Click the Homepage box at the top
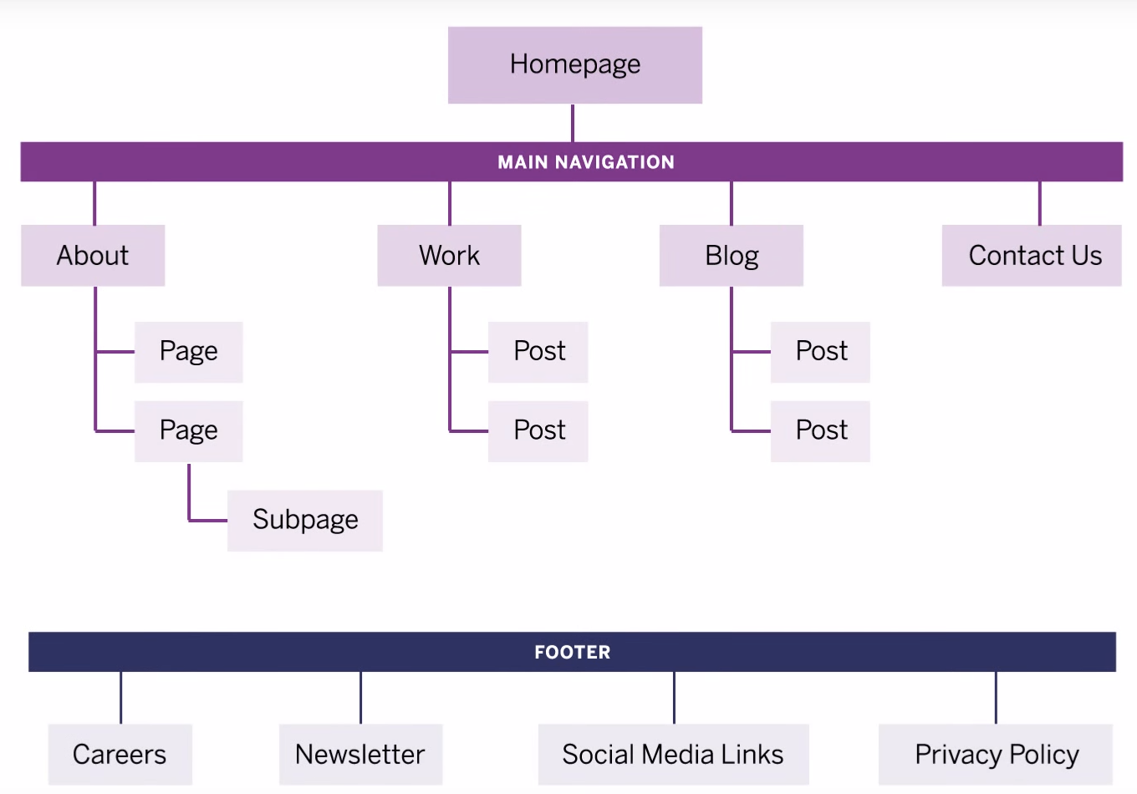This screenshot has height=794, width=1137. tap(575, 65)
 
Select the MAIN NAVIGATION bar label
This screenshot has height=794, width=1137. tap(585, 162)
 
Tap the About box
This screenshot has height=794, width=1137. tap(93, 256)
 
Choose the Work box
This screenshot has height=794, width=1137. tap(449, 256)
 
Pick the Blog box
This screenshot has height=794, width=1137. tap(732, 256)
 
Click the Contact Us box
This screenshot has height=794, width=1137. tap(1034, 256)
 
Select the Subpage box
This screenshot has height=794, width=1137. tap(305, 520)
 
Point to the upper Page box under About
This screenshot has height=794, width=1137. tap(189, 352)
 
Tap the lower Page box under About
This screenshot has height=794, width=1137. tap(189, 431)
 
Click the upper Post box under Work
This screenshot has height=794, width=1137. tap(539, 352)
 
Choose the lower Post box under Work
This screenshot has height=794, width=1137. tap(539, 431)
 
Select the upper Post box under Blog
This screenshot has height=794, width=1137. tap(821, 352)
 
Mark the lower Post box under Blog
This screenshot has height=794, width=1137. tap(821, 431)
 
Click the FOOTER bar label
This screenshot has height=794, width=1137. tap(573, 652)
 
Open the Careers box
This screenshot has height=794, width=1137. tap(120, 755)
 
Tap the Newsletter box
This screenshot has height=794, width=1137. tap(360, 755)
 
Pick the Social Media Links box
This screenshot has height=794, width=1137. tap(673, 755)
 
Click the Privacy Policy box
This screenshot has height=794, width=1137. tap(997, 755)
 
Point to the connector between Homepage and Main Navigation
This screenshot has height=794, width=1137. tap(573, 123)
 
